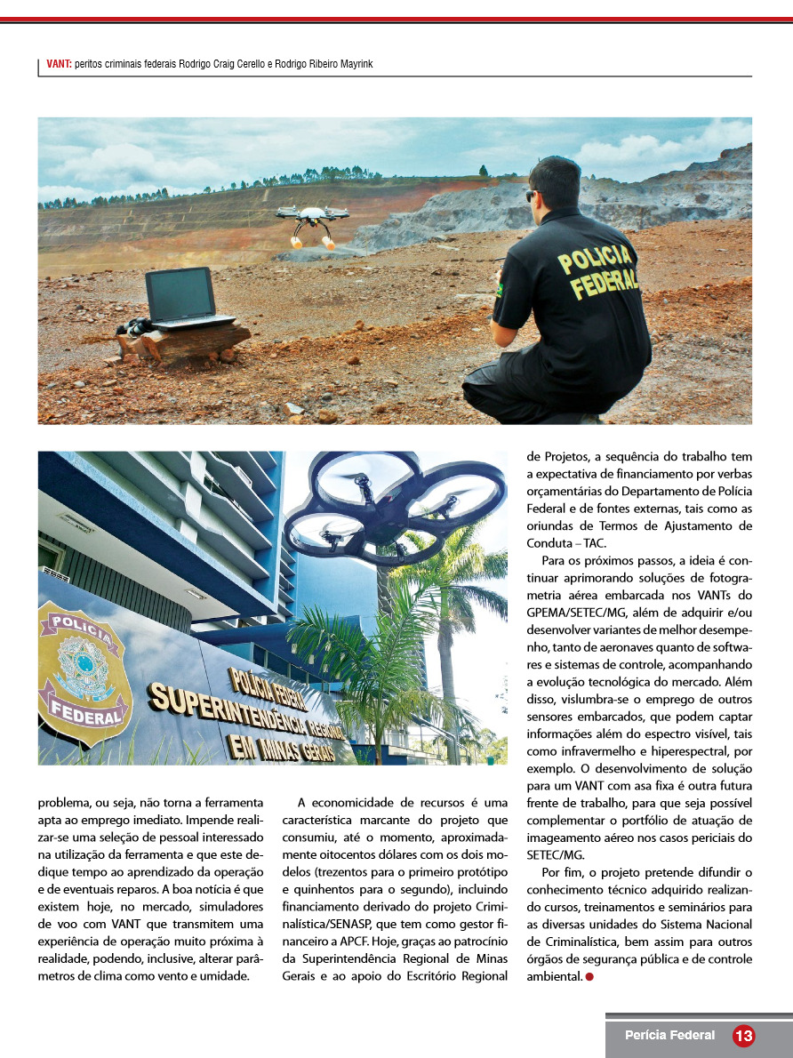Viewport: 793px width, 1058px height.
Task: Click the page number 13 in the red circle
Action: coord(743,1036)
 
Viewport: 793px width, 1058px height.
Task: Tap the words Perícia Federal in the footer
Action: coord(669,1036)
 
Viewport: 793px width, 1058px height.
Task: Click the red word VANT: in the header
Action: coord(60,64)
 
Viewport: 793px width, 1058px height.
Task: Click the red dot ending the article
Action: coord(589,977)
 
